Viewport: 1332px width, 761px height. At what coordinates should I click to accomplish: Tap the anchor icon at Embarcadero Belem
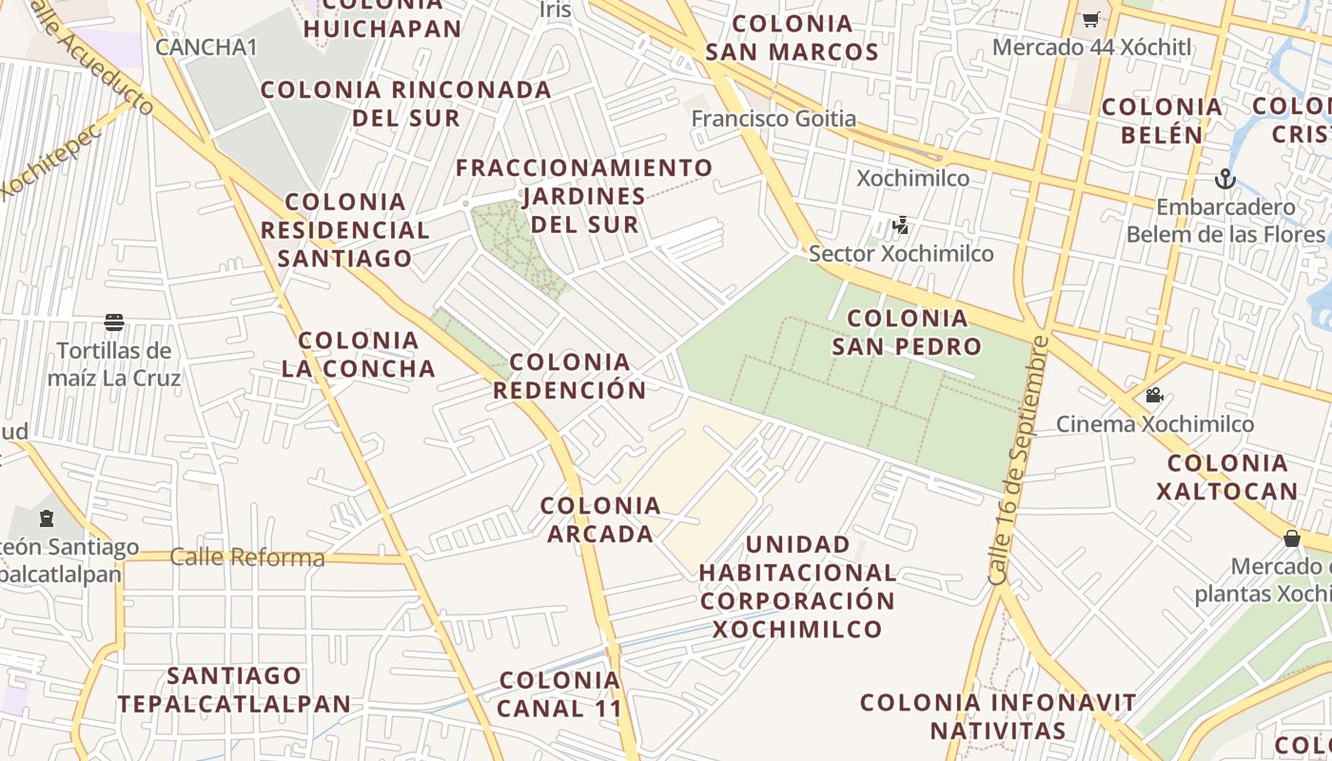click(x=1224, y=178)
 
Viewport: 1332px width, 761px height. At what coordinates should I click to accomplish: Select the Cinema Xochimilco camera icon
click(x=1154, y=395)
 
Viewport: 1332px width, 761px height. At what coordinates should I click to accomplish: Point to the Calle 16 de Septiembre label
click(x=1020, y=460)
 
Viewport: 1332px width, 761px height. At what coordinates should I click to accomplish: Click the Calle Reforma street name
click(x=246, y=557)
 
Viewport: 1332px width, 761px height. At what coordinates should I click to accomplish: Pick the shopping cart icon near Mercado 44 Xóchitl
click(x=1090, y=19)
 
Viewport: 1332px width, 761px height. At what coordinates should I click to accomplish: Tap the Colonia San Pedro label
click(x=906, y=332)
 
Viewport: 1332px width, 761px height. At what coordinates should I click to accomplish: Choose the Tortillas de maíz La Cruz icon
click(x=114, y=322)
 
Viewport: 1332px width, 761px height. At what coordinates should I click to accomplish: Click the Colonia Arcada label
click(x=600, y=519)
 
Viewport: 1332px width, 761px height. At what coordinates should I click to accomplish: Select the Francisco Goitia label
click(x=774, y=119)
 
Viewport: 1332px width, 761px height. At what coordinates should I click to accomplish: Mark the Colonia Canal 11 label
click(x=559, y=694)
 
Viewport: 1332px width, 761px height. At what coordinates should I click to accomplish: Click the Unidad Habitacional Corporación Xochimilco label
click(x=798, y=587)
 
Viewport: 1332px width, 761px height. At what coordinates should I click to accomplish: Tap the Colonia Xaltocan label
click(x=1227, y=477)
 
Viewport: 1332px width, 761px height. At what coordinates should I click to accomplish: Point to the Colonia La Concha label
click(x=359, y=354)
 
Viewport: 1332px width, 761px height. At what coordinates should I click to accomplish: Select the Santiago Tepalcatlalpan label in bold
click(x=234, y=690)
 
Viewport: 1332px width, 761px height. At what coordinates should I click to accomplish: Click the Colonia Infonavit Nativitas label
click(x=998, y=716)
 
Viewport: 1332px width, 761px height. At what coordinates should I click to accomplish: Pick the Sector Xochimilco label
click(x=900, y=253)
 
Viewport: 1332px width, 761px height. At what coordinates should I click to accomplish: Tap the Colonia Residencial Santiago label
click(x=345, y=229)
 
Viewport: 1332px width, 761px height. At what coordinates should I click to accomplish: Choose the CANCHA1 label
click(x=206, y=47)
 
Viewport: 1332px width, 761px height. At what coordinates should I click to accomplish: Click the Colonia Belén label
click(x=1162, y=121)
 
